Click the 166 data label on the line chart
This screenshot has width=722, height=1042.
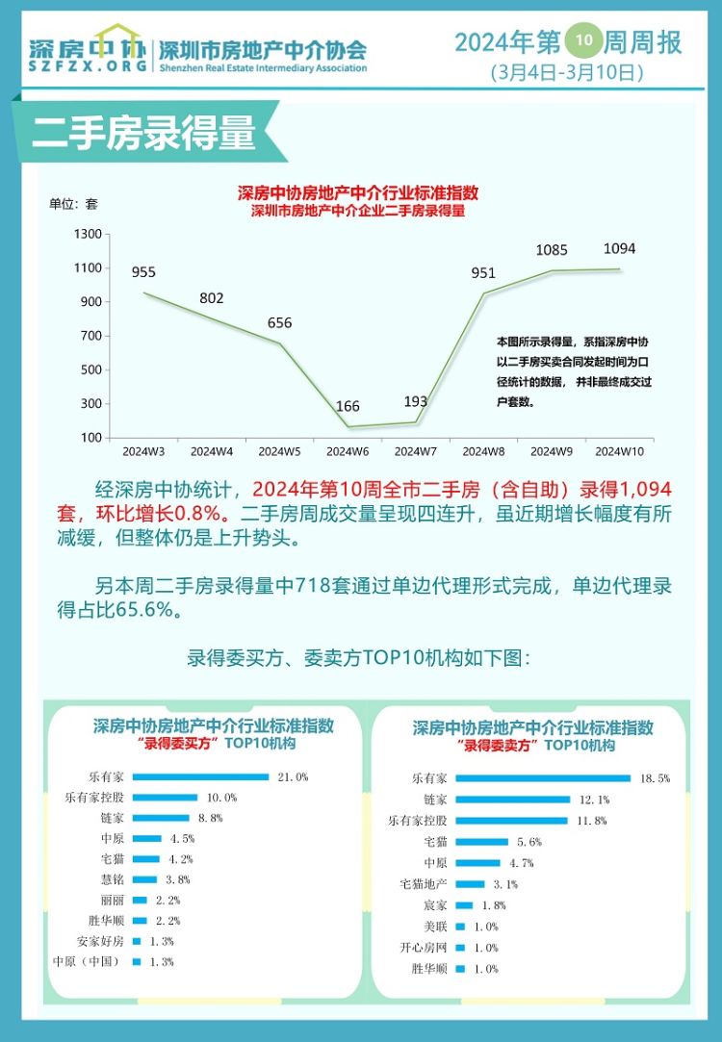coord(348,407)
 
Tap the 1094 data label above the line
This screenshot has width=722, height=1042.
coord(619,248)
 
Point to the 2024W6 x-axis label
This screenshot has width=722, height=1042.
coord(348,451)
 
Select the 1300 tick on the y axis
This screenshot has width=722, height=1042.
coord(88,234)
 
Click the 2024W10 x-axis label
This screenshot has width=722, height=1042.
coord(619,451)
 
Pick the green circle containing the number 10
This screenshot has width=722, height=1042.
coord(583,40)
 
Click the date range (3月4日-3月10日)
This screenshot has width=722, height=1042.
coord(566,71)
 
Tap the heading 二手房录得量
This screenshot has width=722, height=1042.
coord(143,133)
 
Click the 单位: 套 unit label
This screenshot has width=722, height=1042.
coord(73,204)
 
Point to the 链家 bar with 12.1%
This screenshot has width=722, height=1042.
coord(513,800)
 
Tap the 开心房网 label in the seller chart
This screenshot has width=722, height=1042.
coord(424,948)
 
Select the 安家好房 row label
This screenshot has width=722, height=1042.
coord(100,941)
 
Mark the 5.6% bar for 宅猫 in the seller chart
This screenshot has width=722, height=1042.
coord(482,842)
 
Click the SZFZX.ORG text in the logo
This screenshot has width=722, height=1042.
coord(88,66)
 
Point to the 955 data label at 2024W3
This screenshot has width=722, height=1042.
coord(143,272)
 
